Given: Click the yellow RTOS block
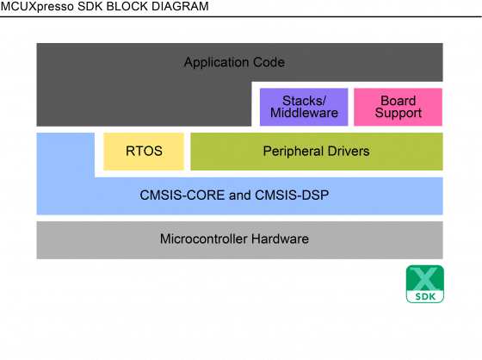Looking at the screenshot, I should (x=144, y=152).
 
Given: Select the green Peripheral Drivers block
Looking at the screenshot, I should (x=316, y=152).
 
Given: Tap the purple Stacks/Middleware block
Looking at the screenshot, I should (x=304, y=107).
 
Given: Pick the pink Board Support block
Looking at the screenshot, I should (x=398, y=107).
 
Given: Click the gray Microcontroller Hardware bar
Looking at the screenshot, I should (x=239, y=239).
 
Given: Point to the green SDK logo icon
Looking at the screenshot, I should (x=425, y=284).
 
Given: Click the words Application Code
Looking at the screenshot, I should (x=234, y=63).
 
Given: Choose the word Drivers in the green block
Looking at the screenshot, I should (x=348, y=152).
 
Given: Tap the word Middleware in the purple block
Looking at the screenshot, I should (x=304, y=114).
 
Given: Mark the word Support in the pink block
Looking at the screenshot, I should (x=398, y=114).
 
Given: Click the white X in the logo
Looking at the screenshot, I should (x=425, y=279).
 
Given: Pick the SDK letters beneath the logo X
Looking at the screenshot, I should (x=425, y=296).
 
